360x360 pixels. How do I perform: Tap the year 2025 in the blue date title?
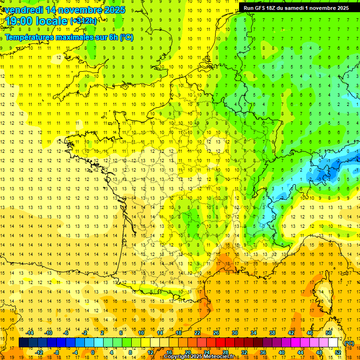tap(113, 10)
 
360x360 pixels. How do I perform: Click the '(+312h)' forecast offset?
tap(83, 21)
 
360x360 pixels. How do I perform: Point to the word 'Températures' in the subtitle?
tap(29, 37)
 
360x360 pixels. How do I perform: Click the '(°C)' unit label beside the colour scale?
tap(349, 343)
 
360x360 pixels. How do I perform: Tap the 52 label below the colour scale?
tap(338, 352)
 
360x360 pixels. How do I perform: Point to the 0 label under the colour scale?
tap(93, 352)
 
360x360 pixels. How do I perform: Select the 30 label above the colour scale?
tap(234, 333)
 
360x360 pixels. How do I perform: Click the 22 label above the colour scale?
tap(197, 333)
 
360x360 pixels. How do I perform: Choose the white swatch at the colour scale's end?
tap(333, 343)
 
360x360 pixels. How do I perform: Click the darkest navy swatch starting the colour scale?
tap(24, 343)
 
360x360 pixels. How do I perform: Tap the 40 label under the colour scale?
tap(282, 352)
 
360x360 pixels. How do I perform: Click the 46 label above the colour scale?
tap(310, 333)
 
